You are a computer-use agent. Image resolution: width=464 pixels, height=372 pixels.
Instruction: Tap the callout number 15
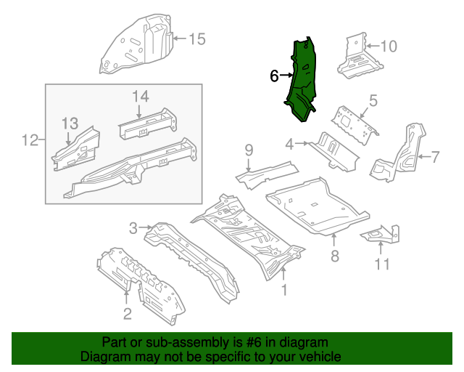click(197, 39)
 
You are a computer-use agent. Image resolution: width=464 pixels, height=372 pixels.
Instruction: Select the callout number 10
click(389, 46)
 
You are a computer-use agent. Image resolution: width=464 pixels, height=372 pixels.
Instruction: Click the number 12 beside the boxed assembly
click(29, 139)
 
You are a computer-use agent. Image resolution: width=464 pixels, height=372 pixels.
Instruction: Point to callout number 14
click(140, 96)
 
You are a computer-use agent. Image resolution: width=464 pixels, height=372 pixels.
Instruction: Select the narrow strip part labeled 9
click(267, 173)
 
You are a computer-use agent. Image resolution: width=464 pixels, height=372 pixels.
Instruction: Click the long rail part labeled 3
click(192, 254)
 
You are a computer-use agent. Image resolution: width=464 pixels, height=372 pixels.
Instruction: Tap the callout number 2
click(127, 314)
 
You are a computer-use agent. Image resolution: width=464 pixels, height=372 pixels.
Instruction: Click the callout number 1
click(284, 291)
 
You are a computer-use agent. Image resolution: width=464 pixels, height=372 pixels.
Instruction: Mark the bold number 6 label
click(274, 76)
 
